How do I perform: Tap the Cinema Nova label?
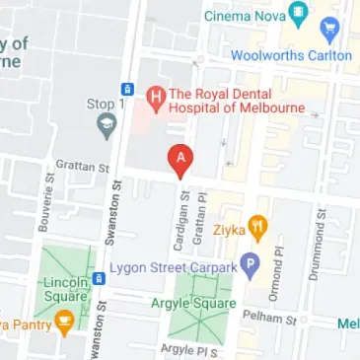[x=246, y=16]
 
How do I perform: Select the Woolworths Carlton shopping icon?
[x=329, y=31]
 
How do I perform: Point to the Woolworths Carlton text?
[x=291, y=55]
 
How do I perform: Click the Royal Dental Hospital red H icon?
[x=154, y=96]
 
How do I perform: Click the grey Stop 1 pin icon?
[x=106, y=125]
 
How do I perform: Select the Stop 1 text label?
[x=106, y=103]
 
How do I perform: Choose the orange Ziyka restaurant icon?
[x=258, y=228]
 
